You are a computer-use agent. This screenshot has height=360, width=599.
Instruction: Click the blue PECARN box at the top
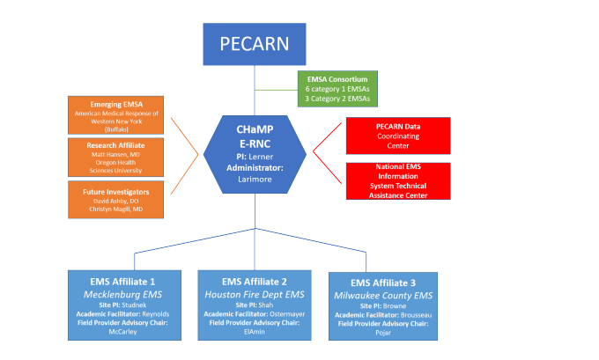coord(255,44)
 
